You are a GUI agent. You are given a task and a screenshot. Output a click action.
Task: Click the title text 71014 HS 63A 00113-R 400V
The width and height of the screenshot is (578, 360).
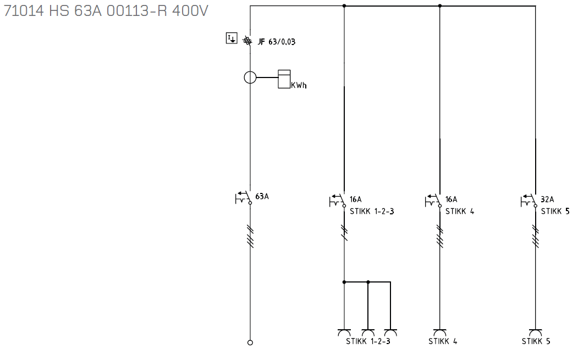pos(106,11)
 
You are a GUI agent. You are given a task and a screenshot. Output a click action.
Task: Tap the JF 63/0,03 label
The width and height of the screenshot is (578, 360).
pos(277,42)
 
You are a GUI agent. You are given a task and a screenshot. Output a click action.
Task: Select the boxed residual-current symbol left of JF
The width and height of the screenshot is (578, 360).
pos(232,38)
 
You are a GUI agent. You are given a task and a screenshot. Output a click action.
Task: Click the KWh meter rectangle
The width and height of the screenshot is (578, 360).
pos(284,79)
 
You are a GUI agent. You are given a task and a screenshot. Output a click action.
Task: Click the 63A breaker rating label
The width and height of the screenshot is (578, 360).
pos(262,196)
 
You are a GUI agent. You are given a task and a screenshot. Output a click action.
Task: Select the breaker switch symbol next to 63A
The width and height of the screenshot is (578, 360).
pos(243,198)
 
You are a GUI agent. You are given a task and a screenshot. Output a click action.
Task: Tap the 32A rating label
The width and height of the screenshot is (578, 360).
pos(547,200)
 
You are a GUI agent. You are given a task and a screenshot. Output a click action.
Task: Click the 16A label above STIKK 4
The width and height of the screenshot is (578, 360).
pos(451,200)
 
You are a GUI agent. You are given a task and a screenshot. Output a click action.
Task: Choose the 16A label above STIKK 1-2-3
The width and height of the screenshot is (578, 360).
pos(356,200)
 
